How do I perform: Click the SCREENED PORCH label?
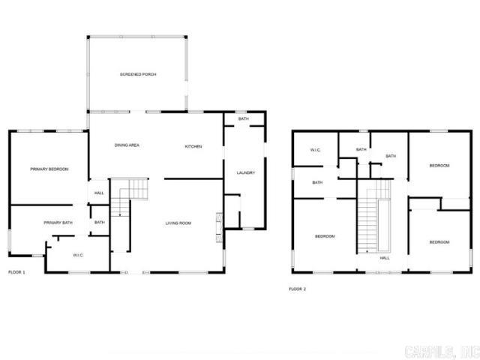(x=137, y=74)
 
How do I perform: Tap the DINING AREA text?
(x=127, y=145)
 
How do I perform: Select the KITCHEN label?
(x=193, y=146)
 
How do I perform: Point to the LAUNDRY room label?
(x=246, y=173)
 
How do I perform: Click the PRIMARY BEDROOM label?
(x=49, y=169)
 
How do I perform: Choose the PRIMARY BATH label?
(x=58, y=223)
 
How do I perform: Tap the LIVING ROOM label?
(x=180, y=223)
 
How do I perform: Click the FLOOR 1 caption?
(x=16, y=271)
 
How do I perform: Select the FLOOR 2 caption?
(x=298, y=289)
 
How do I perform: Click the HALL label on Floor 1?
(x=99, y=193)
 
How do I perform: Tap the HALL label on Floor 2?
(x=385, y=258)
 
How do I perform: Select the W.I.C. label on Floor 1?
(x=78, y=255)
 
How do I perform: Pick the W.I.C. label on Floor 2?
(x=316, y=150)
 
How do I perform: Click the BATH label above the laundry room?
(x=243, y=120)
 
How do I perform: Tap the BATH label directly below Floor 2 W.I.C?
(x=317, y=182)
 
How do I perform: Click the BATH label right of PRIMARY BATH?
(x=100, y=223)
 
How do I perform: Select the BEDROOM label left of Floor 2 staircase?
(x=325, y=237)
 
